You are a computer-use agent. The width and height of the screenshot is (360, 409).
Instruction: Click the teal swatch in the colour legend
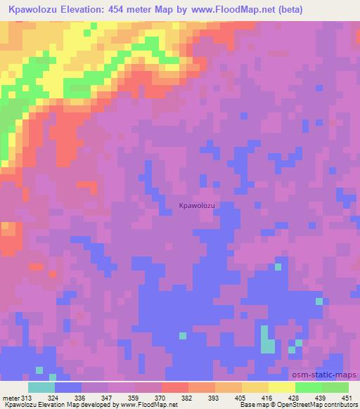coord(41,387)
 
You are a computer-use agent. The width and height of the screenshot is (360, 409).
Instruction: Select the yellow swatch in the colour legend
coord(281,387)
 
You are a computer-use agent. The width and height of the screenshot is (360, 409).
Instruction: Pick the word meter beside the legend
coord(11,398)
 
